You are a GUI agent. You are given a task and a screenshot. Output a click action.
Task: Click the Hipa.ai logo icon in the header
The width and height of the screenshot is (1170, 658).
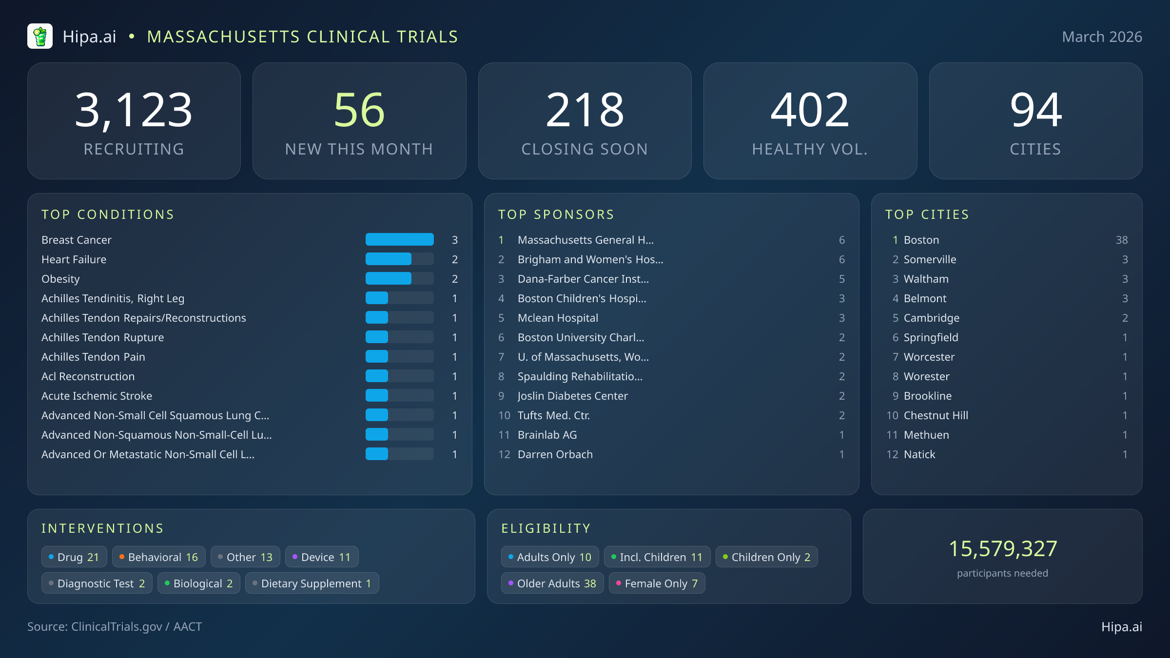point(40,37)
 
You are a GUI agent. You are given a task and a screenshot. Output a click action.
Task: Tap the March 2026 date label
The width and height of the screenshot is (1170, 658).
point(1102,37)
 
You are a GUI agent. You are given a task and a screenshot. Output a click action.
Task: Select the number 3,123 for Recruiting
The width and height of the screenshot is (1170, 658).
point(134,110)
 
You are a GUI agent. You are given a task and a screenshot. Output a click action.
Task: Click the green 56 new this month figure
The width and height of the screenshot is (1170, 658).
point(359,110)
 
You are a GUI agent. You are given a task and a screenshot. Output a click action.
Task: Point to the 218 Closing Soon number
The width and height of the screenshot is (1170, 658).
point(585,110)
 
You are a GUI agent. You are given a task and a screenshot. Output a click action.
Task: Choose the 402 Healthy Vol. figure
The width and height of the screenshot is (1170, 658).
point(810,110)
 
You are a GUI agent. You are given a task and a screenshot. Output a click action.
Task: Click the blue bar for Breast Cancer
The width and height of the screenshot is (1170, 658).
point(399,239)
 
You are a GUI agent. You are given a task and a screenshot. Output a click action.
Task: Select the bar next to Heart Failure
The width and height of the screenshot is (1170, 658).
point(389,259)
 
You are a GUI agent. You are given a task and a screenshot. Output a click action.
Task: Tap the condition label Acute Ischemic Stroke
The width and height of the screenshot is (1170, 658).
point(97,396)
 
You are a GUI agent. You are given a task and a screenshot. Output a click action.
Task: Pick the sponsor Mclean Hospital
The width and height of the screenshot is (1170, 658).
point(558,318)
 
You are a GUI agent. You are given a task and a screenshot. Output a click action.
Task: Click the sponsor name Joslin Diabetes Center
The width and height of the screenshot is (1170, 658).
point(572,396)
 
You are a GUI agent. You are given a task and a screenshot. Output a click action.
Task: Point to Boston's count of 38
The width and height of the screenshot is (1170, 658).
point(1121,240)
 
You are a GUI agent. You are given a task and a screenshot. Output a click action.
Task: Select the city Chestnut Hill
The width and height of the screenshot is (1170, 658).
point(936,415)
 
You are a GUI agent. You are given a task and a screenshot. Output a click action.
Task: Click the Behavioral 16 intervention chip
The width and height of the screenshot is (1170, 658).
point(158,557)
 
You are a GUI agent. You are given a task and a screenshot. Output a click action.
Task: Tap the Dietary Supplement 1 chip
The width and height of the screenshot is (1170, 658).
point(312,583)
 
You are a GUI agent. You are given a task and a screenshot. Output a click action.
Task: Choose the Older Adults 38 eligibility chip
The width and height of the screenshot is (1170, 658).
point(552,583)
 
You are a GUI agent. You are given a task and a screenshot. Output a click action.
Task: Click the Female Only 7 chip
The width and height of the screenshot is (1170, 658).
point(657,583)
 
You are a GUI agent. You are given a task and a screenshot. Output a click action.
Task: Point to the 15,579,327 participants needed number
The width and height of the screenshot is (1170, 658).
point(1002,549)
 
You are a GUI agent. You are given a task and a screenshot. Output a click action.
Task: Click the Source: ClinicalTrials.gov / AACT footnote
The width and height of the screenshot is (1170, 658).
point(115,627)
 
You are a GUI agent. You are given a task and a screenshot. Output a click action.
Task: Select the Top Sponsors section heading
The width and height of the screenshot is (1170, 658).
point(556,214)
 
